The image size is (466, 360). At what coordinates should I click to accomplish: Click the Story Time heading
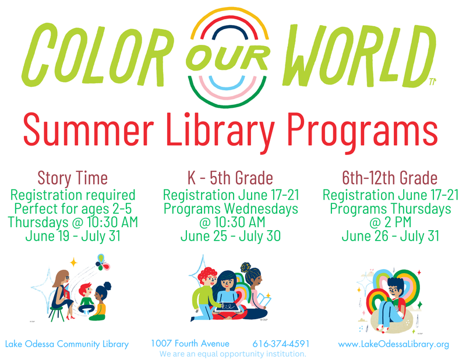point(72,177)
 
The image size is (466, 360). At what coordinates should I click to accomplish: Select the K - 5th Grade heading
point(231,177)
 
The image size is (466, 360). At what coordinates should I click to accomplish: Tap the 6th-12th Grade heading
point(390,177)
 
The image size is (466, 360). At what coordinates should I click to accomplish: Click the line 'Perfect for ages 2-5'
point(72,208)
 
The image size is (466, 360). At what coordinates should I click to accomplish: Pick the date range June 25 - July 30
point(231,236)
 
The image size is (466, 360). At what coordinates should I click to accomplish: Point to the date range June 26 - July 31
point(390,236)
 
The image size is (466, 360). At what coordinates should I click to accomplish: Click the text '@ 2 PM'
point(390,222)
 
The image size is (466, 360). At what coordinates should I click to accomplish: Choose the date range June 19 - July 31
point(72,236)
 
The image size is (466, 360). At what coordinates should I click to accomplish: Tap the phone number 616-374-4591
point(281,344)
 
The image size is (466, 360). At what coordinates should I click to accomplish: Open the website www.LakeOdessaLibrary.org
point(394,344)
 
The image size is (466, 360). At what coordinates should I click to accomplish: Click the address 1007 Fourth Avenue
point(190,344)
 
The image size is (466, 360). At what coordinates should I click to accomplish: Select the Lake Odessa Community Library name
point(67,344)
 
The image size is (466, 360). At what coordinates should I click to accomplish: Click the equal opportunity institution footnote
point(232,354)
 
